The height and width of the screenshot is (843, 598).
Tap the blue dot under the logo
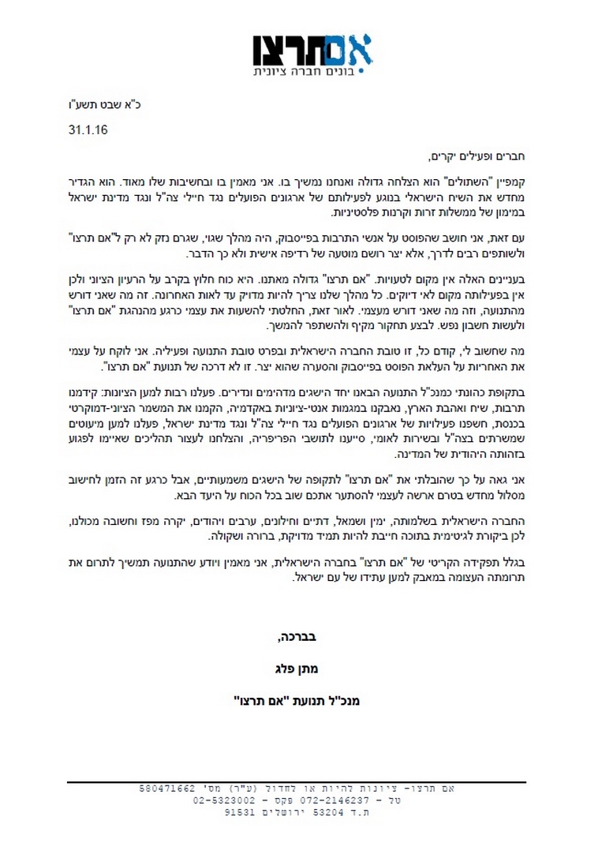pyautogui.click(x=361, y=72)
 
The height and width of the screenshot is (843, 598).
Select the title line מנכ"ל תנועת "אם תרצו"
pyautogui.click(x=298, y=699)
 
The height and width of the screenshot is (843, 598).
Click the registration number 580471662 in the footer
pyautogui.click(x=168, y=789)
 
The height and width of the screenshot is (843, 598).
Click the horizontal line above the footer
pyautogui.click(x=299, y=782)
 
